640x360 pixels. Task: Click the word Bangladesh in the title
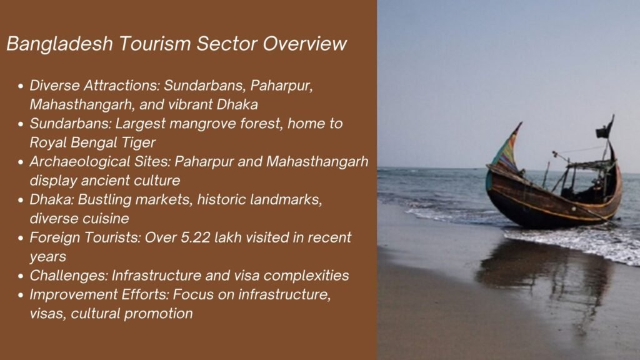click(x=59, y=44)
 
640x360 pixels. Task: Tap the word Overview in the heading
click(x=304, y=44)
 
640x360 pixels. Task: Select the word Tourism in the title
click(x=155, y=44)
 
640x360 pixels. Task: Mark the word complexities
click(x=306, y=276)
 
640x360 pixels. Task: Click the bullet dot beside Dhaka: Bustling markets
click(x=21, y=201)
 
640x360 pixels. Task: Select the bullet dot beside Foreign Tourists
click(x=21, y=238)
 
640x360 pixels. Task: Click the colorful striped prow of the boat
click(x=507, y=149)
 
